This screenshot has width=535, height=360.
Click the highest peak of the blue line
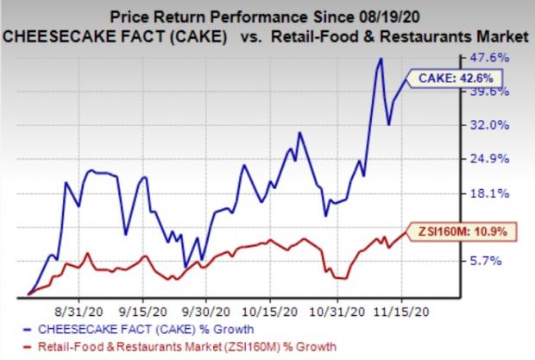[380, 59]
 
